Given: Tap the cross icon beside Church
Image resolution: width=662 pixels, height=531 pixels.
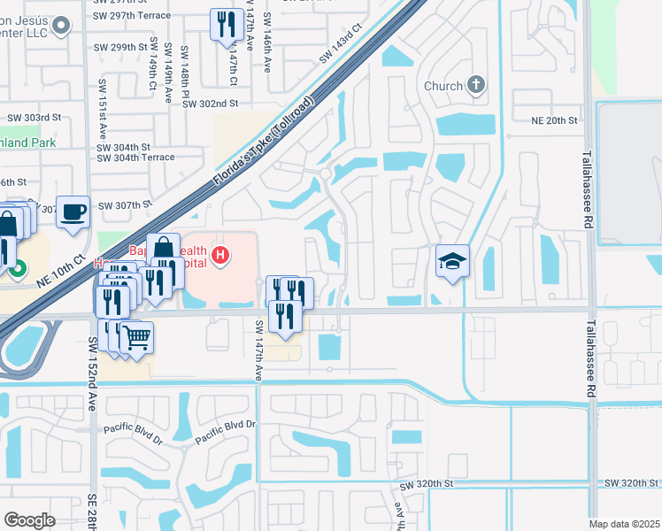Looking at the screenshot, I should [476, 85].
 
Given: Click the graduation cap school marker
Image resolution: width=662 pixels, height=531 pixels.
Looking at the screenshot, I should [452, 261].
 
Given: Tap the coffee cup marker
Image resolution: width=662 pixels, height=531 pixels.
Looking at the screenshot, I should [73, 212].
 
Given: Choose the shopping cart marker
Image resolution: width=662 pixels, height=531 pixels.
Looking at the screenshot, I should [135, 336].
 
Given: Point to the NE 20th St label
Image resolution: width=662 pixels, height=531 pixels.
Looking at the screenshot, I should [554, 119].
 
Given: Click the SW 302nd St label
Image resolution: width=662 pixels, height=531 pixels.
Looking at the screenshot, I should [211, 104].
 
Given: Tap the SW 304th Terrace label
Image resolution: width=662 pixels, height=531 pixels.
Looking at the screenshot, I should [135, 158].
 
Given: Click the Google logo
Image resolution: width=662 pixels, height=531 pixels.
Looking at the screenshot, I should [29, 520].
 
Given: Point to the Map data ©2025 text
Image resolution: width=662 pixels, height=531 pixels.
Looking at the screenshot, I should [624, 524].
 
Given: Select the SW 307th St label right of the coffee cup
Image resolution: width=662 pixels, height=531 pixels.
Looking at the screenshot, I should [126, 205].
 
